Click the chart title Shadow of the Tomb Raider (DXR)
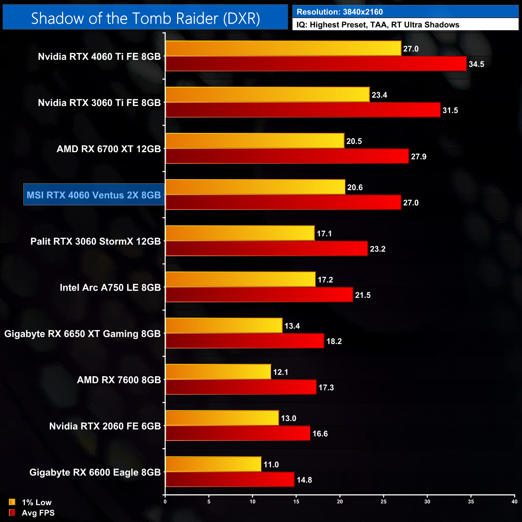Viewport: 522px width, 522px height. tap(145, 18)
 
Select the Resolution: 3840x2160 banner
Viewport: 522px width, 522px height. tap(405, 12)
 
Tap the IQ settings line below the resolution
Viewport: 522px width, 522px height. tap(405, 24)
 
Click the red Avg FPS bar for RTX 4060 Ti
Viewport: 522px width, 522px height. tap(316, 64)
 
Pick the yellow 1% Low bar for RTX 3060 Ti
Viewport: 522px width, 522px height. tap(267, 95)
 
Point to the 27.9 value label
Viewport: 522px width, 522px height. tap(418, 157)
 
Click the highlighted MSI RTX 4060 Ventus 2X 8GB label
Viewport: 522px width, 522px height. tap(94, 195)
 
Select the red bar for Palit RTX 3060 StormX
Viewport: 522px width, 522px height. tap(267, 249)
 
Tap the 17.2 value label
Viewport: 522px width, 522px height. tap(325, 280)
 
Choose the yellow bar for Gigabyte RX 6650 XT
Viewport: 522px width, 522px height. tap(224, 326)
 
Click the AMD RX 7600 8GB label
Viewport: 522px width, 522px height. tap(119, 380)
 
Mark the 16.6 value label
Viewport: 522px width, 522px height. tap(320, 434)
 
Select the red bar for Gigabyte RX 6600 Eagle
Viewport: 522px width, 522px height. tap(230, 479)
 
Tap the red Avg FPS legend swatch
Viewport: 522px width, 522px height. tap(12, 513)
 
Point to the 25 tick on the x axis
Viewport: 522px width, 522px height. tap(383, 501)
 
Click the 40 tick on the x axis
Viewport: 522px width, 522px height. tap(514, 501)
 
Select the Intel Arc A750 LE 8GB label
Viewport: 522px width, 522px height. tap(110, 288)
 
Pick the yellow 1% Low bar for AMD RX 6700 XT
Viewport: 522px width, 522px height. tap(255, 141)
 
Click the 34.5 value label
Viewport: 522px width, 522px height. tap(476, 64)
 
